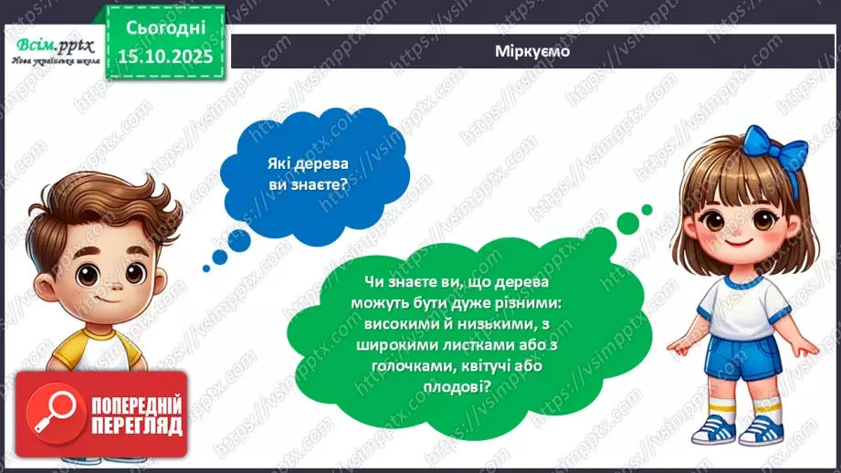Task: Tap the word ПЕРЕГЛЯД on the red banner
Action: pyautogui.click(x=137, y=426)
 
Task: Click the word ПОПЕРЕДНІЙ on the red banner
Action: pyautogui.click(x=138, y=405)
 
